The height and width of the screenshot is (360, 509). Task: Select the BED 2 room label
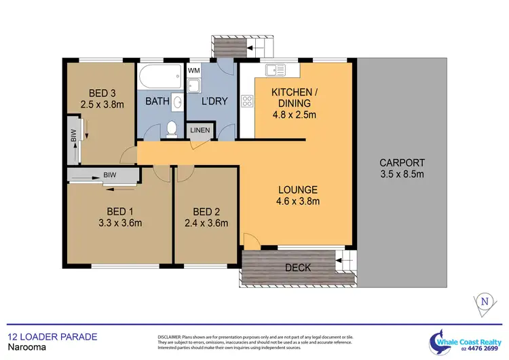click(x=206, y=210)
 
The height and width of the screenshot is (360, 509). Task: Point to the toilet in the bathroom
click(x=172, y=128)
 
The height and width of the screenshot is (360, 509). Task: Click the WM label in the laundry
click(x=193, y=71)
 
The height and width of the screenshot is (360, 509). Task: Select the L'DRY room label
click(x=214, y=102)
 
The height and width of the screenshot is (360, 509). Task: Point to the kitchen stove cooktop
click(x=246, y=102)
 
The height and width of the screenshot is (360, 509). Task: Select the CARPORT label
click(x=402, y=163)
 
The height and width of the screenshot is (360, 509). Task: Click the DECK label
click(x=298, y=268)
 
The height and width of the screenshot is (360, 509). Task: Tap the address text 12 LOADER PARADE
click(x=52, y=336)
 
